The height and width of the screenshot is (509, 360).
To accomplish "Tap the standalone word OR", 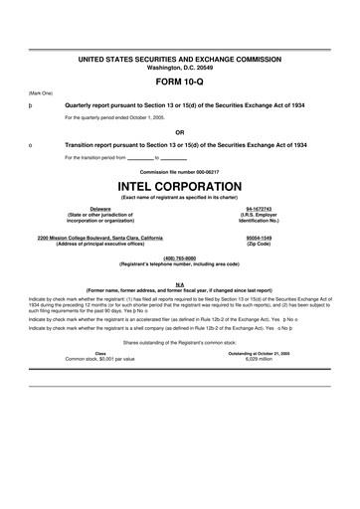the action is (180, 130).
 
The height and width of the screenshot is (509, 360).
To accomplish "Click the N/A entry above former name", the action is (180, 283).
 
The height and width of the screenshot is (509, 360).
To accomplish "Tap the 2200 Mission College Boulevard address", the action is (102, 238).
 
